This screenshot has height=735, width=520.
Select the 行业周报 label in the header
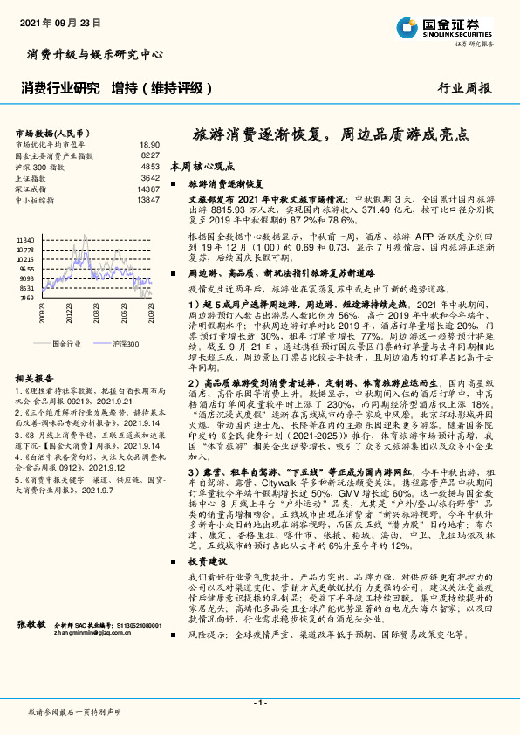[x=464, y=88]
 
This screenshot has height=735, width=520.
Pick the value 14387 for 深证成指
[x=147, y=189]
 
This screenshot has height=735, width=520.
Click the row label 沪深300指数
[x=40, y=166]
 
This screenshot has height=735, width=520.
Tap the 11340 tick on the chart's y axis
[x=25, y=238]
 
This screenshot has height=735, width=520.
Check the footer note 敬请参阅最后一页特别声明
[x=73, y=712]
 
